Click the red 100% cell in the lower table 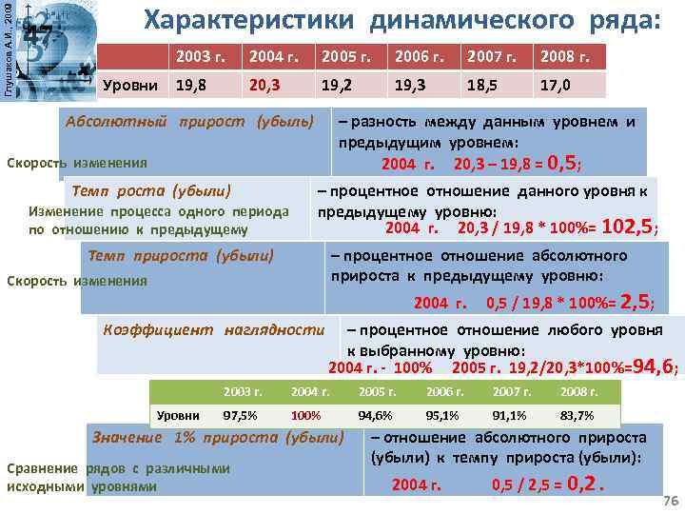305,415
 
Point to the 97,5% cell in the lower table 239,415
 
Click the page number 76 669,501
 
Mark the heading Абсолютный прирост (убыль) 188,123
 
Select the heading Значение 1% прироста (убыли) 217,438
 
